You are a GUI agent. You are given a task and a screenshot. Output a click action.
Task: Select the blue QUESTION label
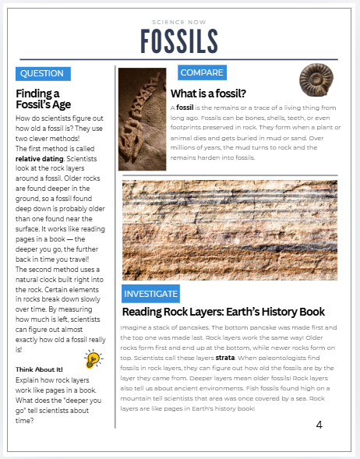tap(42, 73)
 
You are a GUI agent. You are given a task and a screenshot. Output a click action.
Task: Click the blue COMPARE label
tap(202, 72)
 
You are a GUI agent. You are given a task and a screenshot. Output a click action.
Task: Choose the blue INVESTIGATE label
tap(151, 294)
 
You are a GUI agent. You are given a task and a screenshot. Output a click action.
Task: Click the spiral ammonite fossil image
tap(316, 79)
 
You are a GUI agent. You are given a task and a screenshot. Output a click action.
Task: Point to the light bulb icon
tap(94, 359)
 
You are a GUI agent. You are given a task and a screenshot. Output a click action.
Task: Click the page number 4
tap(319, 425)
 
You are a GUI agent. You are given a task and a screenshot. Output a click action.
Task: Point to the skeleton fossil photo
tap(142, 118)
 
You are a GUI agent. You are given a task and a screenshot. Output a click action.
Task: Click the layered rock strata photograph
tap(230, 230)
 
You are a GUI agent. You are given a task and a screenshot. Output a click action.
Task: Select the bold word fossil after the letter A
tap(185, 108)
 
